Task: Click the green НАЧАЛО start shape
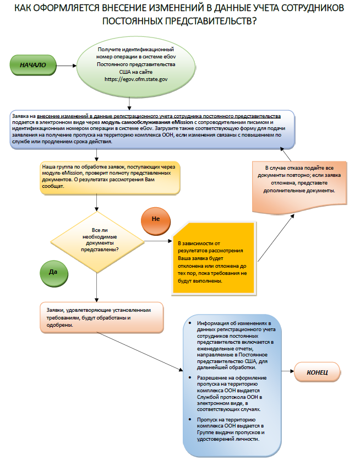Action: [33, 65]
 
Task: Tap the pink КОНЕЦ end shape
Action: [318, 373]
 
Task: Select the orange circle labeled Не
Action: [155, 219]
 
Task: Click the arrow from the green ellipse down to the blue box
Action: [129, 102]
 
